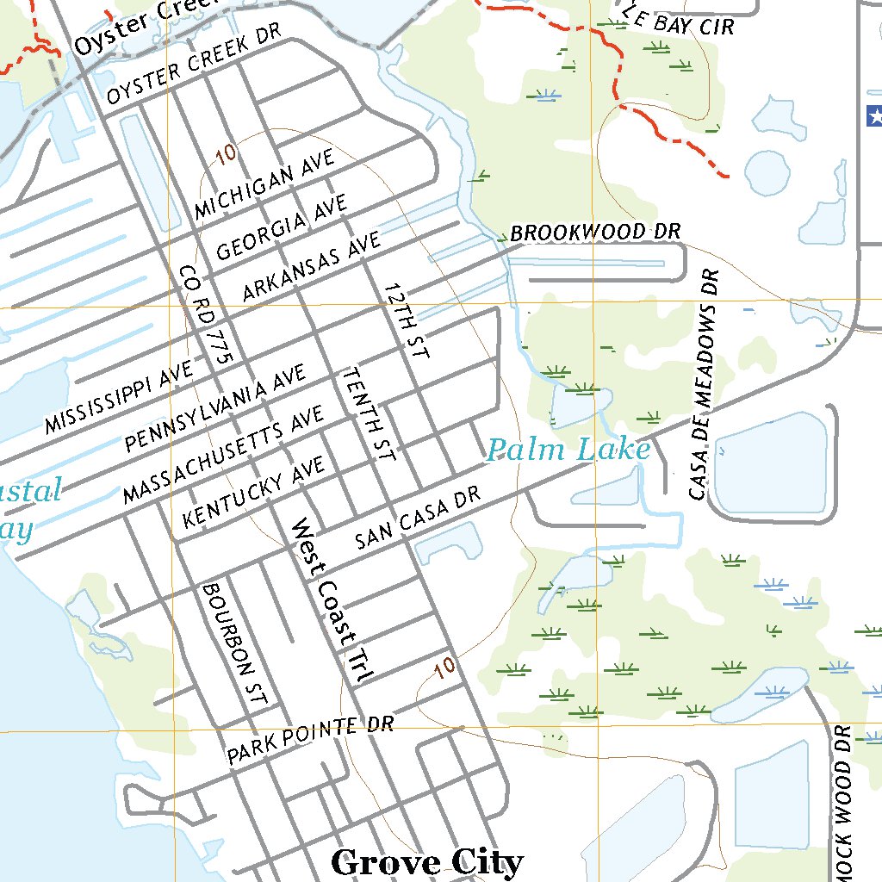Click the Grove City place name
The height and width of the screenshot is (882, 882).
[426, 862]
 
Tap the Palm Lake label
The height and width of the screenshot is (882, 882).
[568, 450]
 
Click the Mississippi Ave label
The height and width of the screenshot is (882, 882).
[119, 396]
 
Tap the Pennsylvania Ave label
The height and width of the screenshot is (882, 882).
[215, 408]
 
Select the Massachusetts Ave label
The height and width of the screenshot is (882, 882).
[224, 453]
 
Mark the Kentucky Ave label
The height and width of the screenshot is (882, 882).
[254, 492]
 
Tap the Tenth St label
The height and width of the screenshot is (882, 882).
[369, 413]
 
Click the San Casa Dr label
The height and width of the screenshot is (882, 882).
[416, 524]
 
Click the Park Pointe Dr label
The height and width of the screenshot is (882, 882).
[310, 739]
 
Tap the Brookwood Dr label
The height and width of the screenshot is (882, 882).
[595, 233]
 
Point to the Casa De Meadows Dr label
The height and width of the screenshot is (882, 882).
[704, 384]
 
